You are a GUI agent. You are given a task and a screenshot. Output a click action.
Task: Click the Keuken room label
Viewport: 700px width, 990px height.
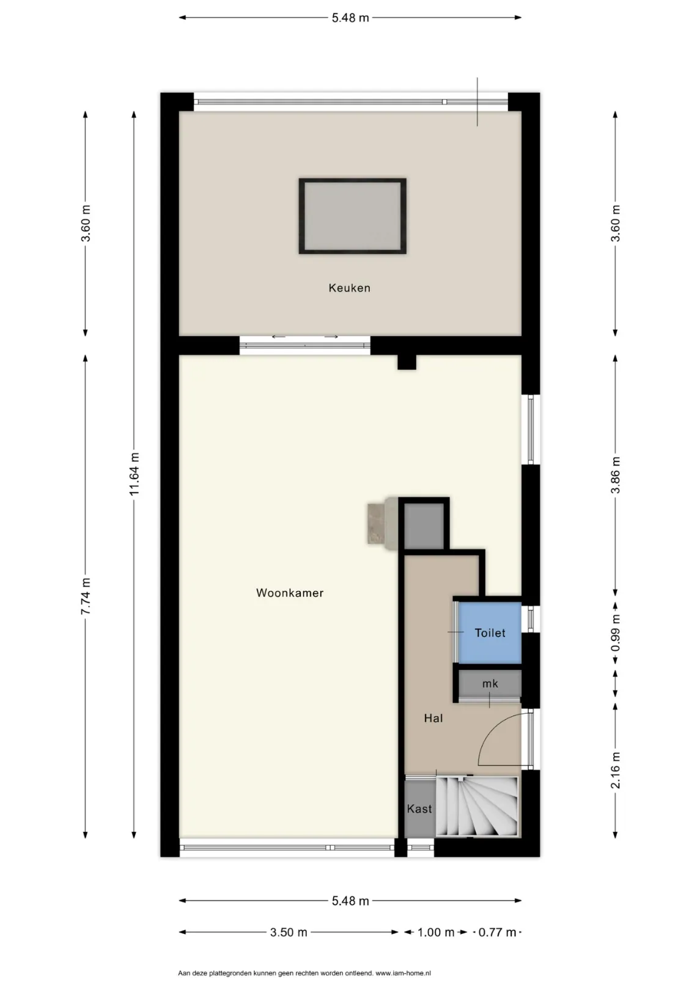point(349,288)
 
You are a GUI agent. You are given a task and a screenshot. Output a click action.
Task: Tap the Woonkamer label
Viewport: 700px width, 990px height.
point(290,593)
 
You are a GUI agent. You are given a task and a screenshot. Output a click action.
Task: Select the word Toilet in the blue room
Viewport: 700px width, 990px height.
point(490,633)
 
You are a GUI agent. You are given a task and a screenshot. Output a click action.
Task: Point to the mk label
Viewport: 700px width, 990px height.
point(490,684)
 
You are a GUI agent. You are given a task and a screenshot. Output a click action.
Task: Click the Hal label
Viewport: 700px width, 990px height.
point(433,718)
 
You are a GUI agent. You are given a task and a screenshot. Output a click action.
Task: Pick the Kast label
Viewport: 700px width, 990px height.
point(419,809)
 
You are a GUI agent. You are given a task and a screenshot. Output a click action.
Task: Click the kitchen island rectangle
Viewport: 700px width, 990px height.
point(352,216)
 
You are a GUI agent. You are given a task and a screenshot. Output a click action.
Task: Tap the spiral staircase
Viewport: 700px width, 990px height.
point(477,807)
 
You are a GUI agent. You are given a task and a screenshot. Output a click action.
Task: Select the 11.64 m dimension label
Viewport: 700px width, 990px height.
point(134,474)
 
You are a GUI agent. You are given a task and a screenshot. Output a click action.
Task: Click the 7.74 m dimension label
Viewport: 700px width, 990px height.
point(86,596)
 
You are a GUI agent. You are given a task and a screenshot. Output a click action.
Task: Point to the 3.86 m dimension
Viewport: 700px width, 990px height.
point(615,475)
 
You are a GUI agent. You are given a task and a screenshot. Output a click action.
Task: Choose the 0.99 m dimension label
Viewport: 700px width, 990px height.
point(615,632)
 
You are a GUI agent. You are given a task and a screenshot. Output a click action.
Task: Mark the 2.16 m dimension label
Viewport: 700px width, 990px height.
point(615,770)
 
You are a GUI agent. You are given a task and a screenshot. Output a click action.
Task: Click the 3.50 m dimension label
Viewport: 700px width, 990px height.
point(289,932)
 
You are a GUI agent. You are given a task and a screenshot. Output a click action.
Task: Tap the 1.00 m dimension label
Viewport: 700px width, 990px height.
point(435,932)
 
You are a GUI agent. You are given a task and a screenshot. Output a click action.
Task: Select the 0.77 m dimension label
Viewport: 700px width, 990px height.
point(497,932)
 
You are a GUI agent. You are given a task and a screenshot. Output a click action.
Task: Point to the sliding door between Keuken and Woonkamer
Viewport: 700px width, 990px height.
point(304,345)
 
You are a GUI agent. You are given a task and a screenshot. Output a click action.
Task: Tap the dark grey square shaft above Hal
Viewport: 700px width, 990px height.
point(424,526)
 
